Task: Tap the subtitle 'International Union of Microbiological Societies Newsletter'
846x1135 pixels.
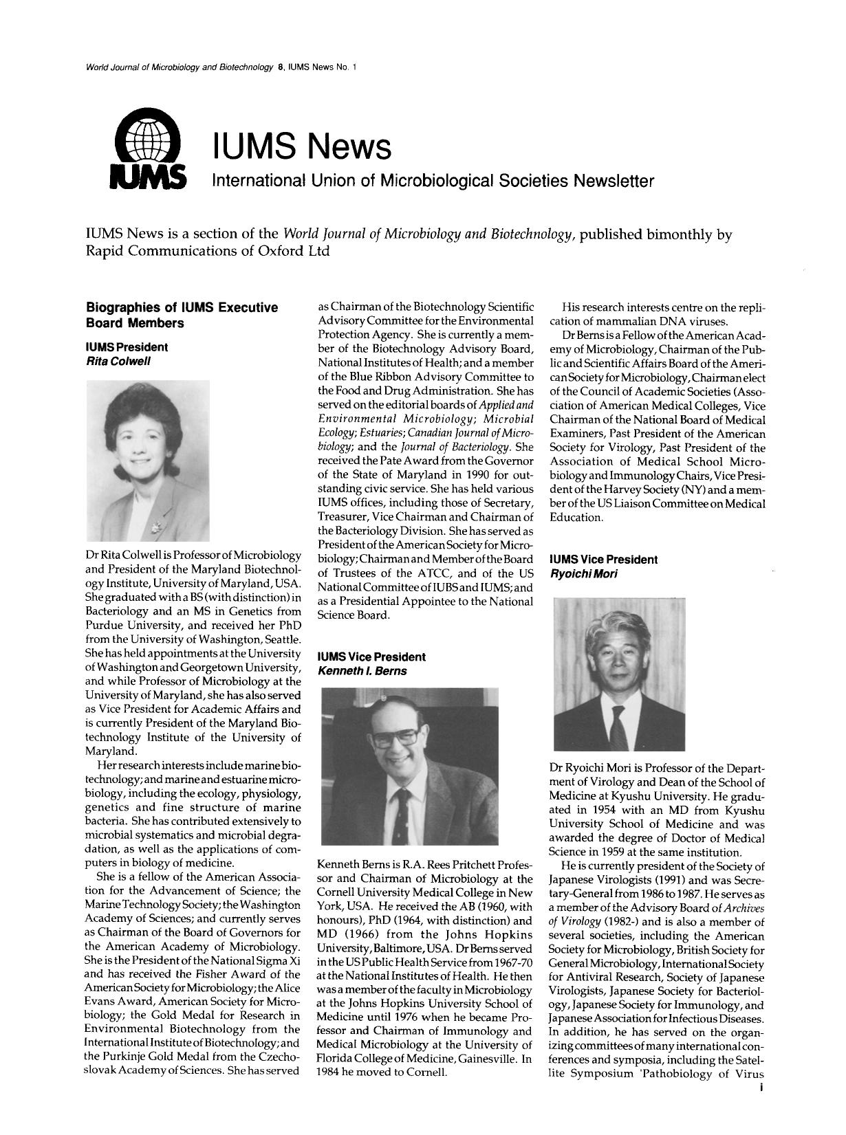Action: [433, 181]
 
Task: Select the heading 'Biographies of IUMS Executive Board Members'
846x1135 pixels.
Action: [182, 315]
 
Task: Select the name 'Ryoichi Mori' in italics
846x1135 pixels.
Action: [581, 573]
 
